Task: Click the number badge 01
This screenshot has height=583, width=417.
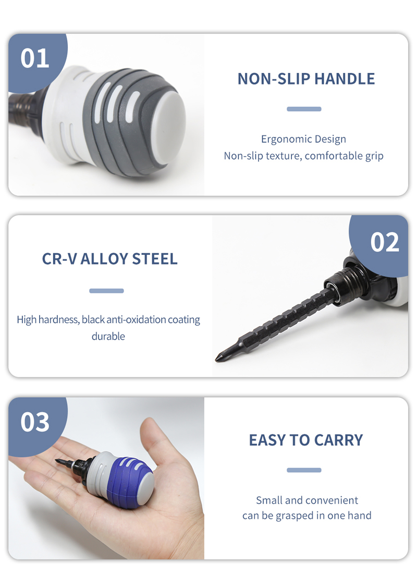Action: coord(35,58)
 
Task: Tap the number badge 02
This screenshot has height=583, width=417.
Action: coord(384,242)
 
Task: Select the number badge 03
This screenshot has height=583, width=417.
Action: coord(35,422)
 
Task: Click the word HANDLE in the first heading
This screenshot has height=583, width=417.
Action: coord(345,79)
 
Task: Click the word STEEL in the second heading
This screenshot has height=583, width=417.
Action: coord(155,259)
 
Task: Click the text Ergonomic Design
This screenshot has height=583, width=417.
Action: coord(303,139)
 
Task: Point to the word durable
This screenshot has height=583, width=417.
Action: coord(108,336)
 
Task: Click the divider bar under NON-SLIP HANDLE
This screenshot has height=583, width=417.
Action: coord(304,109)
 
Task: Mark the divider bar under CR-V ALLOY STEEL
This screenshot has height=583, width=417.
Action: coord(106,291)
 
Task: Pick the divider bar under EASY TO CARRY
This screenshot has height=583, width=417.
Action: coord(304,470)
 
